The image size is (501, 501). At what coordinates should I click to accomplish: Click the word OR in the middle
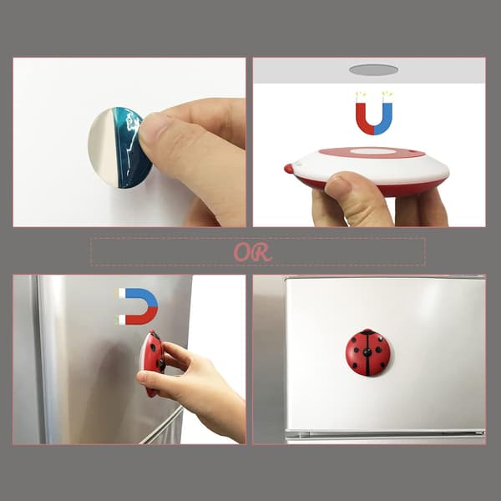click(253, 252)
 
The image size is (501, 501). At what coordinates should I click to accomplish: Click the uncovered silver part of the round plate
click(102, 147)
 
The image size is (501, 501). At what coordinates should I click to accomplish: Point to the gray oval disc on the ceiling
click(373, 69)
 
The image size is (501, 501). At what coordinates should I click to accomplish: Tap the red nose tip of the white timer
click(289, 169)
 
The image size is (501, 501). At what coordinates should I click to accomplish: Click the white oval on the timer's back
click(372, 151)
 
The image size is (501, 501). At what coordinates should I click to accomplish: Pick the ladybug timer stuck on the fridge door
click(367, 352)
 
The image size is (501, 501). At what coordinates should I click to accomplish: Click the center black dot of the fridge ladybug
click(367, 352)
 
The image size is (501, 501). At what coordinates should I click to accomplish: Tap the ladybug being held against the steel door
click(153, 362)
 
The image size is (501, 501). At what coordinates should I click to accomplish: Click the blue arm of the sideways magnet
click(144, 296)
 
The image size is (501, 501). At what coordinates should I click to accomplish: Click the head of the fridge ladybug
click(367, 331)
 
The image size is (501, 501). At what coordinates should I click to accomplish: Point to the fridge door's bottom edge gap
click(386, 433)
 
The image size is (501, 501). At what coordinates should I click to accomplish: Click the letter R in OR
click(263, 253)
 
